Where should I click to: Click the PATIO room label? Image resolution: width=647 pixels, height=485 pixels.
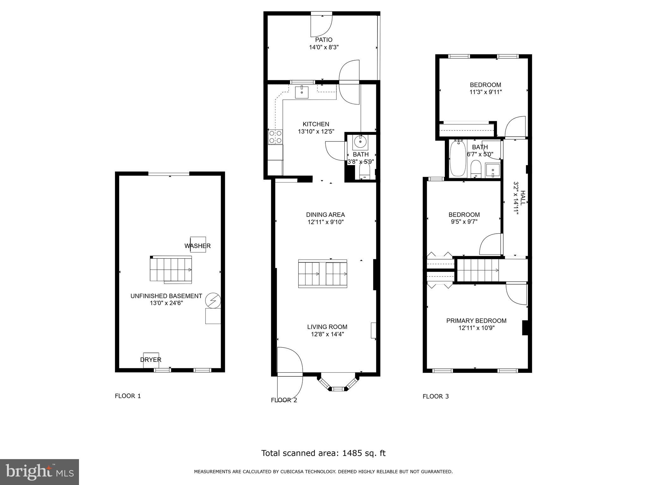pos(323,40)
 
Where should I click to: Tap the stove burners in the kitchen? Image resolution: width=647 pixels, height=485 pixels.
pos(275,137)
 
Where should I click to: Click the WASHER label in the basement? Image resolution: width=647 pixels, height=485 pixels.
pos(197,246)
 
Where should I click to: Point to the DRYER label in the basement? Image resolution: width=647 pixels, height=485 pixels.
pos(151,360)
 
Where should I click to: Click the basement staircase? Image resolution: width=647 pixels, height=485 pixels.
pos(171,269)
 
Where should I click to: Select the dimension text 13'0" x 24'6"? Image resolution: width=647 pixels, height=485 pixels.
pos(166,303)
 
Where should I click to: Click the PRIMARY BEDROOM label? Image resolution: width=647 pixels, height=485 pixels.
pos(476,321)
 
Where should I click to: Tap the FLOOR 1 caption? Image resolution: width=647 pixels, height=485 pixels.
pos(128,396)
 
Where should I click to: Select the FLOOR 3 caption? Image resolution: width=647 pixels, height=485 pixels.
pos(436,396)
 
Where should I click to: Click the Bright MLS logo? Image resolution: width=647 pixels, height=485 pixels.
pos(39,472)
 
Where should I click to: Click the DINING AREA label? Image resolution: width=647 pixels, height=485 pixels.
pos(325,215)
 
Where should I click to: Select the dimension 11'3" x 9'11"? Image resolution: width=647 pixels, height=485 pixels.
pos(485,92)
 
